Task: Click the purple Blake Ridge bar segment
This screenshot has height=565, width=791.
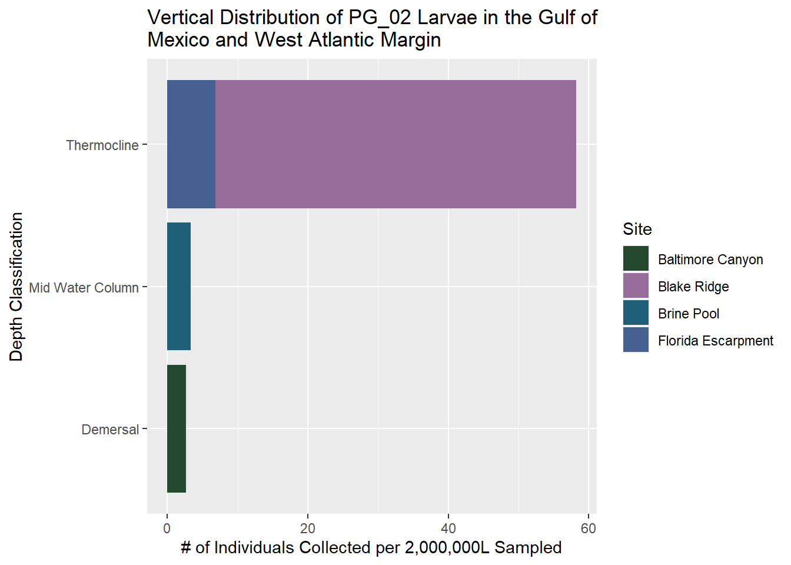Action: coord(395,144)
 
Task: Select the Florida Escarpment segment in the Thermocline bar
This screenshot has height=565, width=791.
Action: coord(191,144)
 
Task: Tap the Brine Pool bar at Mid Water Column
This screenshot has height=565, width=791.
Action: coord(179,287)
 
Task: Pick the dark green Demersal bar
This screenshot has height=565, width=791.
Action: coord(177,429)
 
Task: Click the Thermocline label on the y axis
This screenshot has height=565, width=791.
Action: coord(102,145)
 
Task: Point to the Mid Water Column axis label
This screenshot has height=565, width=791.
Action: coord(84,288)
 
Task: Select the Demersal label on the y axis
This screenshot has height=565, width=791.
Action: coord(111,430)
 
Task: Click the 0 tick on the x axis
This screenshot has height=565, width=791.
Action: coord(167,528)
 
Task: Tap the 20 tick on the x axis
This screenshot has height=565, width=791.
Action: coord(308,528)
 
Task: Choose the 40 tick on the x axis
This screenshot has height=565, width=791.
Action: coord(448,528)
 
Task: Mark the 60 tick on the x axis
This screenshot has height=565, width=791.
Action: coord(589,528)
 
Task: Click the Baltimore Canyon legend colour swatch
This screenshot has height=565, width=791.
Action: coord(636,259)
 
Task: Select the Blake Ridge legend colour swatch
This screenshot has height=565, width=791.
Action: coord(636,286)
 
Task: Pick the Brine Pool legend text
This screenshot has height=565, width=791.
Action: coord(689,314)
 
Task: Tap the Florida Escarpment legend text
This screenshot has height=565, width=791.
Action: coord(716,341)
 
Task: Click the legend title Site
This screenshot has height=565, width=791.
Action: coord(637,229)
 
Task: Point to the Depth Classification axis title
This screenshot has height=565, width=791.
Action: coord(16,287)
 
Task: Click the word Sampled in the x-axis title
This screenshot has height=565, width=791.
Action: coord(528,548)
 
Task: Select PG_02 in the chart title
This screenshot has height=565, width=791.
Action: coord(380,18)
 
